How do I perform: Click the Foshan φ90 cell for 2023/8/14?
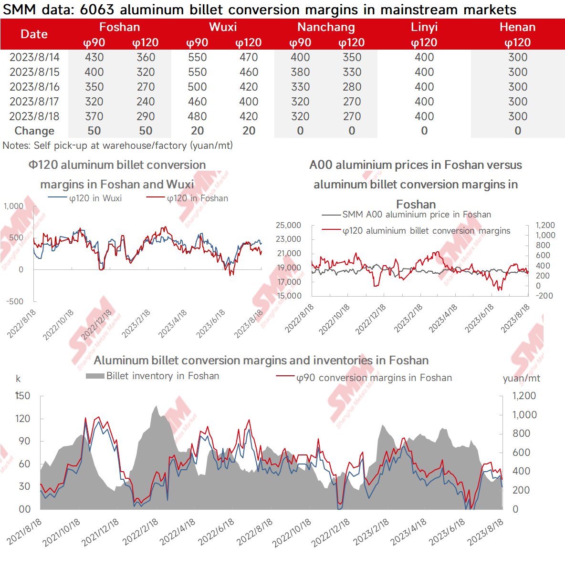[94, 57]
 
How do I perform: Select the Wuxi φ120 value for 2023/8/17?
[249, 102]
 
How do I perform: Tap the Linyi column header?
[424, 27]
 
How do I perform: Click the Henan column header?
[518, 27]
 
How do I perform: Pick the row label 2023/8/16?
[34, 87]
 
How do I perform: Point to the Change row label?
[34, 131]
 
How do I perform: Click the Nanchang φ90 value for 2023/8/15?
[301, 72]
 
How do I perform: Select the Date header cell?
[34, 34]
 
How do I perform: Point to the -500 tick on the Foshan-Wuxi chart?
[15, 301]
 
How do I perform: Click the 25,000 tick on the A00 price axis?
[289, 225]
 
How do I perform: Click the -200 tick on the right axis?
[544, 296]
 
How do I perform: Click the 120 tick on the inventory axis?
[23, 419]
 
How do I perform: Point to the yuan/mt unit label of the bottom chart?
[521, 379]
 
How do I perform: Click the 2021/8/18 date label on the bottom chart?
[24, 532]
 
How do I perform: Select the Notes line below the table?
[118, 145]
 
